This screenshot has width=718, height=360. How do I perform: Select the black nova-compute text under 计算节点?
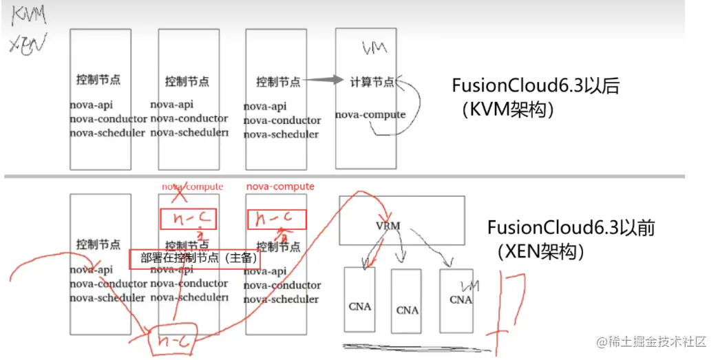point(370,114)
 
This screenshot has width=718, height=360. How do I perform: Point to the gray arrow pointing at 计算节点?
point(323,81)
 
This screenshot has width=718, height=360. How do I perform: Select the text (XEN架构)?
point(539,251)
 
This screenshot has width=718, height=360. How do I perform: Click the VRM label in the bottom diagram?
point(388,226)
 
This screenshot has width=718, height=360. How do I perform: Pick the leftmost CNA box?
point(359,299)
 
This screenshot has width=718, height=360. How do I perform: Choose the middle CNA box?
point(407,301)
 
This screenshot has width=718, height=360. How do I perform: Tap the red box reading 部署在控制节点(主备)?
point(185,259)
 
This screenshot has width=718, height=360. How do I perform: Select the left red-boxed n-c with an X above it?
point(187,219)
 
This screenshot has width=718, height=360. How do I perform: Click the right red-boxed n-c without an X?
point(276,219)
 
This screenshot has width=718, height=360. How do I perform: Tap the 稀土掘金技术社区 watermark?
point(651,342)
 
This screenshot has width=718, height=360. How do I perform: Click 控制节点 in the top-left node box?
point(98,80)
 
